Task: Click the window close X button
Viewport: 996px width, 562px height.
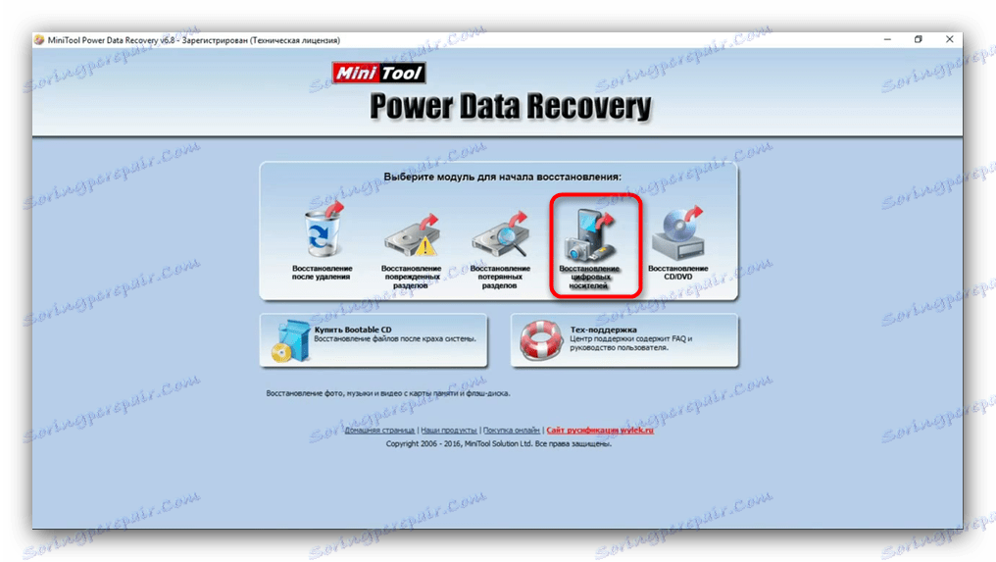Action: [949, 39]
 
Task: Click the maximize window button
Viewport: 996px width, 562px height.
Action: [919, 39]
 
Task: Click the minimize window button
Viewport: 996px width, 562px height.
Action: [888, 39]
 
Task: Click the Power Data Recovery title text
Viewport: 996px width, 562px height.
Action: [510, 107]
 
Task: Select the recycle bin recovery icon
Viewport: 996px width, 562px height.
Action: [321, 230]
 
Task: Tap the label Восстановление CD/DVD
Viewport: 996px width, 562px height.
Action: [678, 274]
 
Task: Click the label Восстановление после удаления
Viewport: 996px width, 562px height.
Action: [322, 274]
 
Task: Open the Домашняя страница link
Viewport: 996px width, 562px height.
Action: [379, 431]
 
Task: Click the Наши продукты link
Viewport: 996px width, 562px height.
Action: [448, 431]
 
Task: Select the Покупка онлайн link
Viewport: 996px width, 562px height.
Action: [511, 431]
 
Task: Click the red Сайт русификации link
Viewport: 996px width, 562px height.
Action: [599, 431]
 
